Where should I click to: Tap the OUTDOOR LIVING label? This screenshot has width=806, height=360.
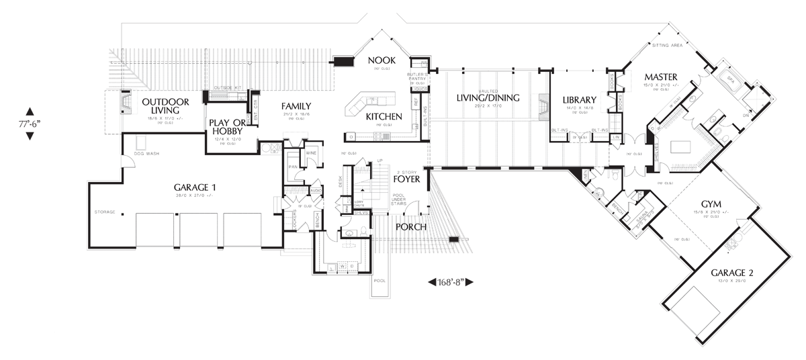[x=165, y=106]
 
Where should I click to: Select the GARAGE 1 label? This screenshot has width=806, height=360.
[x=195, y=187]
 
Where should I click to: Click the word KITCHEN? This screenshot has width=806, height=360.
[x=384, y=117]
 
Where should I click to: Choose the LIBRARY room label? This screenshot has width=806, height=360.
[x=580, y=101]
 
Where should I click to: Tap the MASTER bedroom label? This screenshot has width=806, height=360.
[x=659, y=76]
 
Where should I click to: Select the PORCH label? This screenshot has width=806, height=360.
[x=412, y=226]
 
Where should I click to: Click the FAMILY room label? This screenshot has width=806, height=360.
[x=296, y=106]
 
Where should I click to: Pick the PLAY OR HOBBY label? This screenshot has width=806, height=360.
[x=231, y=127]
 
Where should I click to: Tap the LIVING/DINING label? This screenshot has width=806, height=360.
[x=488, y=98]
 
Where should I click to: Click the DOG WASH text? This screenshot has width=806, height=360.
[x=146, y=154]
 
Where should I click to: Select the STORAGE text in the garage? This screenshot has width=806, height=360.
[x=104, y=212]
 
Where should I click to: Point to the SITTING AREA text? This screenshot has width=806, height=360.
[x=668, y=46]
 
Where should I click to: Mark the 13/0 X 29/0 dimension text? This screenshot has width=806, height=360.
[x=732, y=281]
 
